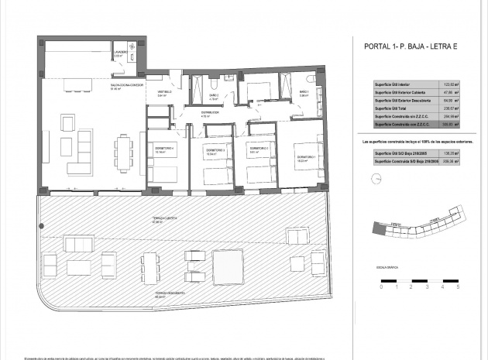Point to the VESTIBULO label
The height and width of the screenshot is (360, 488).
tap(165, 93)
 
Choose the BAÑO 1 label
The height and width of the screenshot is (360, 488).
tap(304, 94)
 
